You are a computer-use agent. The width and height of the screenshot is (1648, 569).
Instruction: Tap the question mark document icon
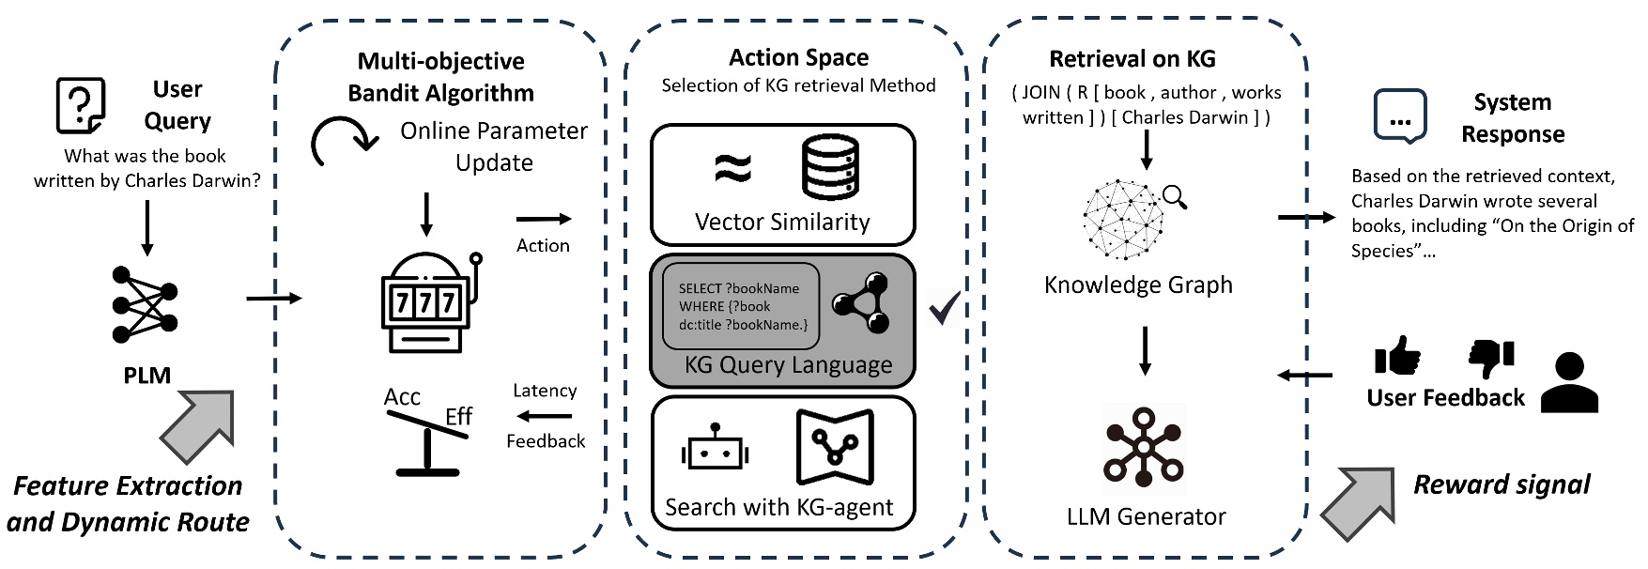click(81, 106)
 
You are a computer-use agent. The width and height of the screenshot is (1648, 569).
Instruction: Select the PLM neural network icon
click(145, 304)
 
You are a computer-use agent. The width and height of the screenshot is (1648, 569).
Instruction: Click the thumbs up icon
click(1396, 356)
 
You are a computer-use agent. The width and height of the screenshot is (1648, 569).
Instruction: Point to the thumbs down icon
click(1491, 357)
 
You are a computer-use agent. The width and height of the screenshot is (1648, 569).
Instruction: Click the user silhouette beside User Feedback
click(1569, 382)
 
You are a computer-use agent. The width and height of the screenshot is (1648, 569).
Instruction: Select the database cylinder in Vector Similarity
click(830, 167)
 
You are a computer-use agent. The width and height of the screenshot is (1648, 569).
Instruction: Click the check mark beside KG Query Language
click(944, 307)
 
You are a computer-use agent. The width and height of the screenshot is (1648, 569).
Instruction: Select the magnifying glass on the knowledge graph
click(1174, 196)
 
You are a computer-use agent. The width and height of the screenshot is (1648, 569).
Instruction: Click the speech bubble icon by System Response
click(1399, 116)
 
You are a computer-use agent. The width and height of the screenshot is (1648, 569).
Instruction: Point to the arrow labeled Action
click(544, 219)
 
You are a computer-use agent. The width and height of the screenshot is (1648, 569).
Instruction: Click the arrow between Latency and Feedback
click(545, 416)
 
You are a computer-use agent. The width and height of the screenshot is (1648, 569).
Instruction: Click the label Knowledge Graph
click(1138, 284)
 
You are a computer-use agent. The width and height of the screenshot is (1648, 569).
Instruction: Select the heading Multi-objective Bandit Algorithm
click(440, 77)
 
